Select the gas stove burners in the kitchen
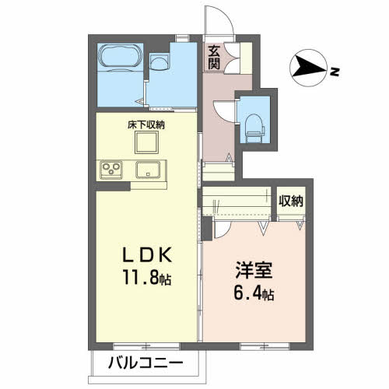111,170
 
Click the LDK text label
144,255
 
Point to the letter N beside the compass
332,73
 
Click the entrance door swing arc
221,20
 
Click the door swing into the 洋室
223,223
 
